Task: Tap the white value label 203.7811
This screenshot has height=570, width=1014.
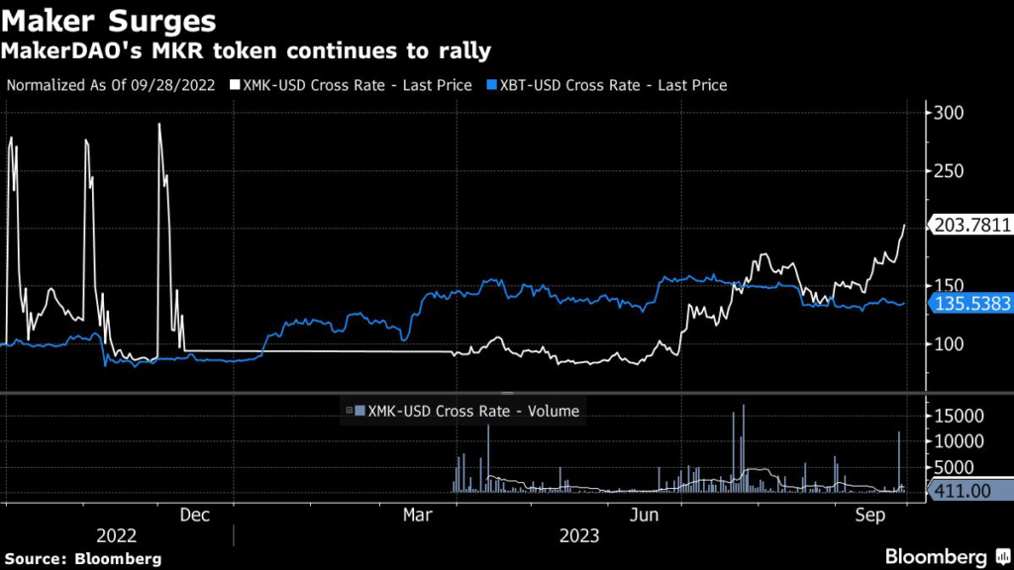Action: [x=971, y=226]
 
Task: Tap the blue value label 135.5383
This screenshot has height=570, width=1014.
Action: [x=971, y=304]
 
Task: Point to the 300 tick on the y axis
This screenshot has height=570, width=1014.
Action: [x=949, y=113]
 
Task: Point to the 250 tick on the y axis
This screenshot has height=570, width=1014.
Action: [x=949, y=170]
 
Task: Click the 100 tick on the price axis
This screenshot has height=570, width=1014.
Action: [x=949, y=343]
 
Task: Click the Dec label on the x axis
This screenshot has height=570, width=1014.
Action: [x=194, y=516]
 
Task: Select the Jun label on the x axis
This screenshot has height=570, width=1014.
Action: [x=645, y=516]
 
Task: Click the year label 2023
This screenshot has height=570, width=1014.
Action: [x=577, y=535]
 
